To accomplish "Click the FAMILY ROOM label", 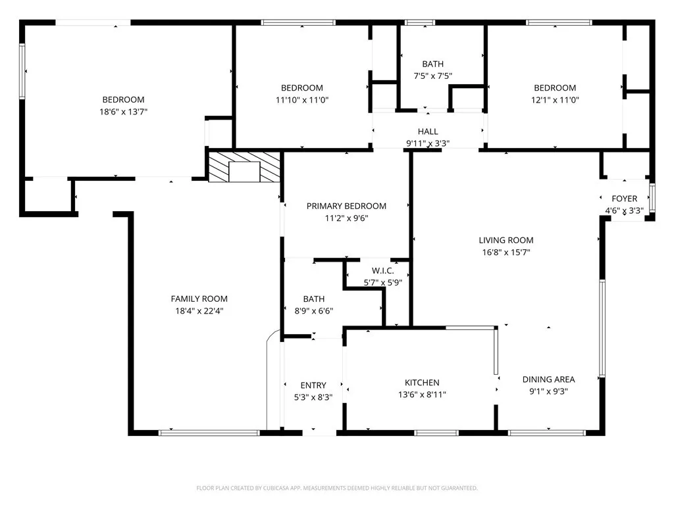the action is [x=199, y=299].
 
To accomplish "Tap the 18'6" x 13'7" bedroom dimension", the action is [x=123, y=112].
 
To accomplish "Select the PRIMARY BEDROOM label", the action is [x=346, y=206].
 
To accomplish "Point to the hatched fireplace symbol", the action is [x=245, y=166].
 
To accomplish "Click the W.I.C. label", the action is [x=382, y=271].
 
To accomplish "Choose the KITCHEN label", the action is [x=422, y=383].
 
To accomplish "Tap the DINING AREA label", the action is [x=548, y=379].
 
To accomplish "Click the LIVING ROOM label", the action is [x=506, y=241].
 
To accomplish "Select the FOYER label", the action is [x=624, y=199].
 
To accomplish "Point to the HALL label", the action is [x=428, y=132].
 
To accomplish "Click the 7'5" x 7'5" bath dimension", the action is [x=433, y=76].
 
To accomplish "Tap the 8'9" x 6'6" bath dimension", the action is [x=314, y=311].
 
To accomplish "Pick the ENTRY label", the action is [x=313, y=385].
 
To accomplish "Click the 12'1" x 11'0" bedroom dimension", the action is [x=555, y=100].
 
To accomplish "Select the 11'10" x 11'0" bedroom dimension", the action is [x=301, y=100].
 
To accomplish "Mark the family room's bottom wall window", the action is [x=209, y=433].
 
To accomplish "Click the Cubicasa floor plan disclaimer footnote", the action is [x=337, y=489].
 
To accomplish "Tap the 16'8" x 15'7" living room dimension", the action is [x=506, y=252].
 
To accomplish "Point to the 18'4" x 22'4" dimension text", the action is [x=199, y=311].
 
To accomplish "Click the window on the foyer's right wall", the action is [x=652, y=198].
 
